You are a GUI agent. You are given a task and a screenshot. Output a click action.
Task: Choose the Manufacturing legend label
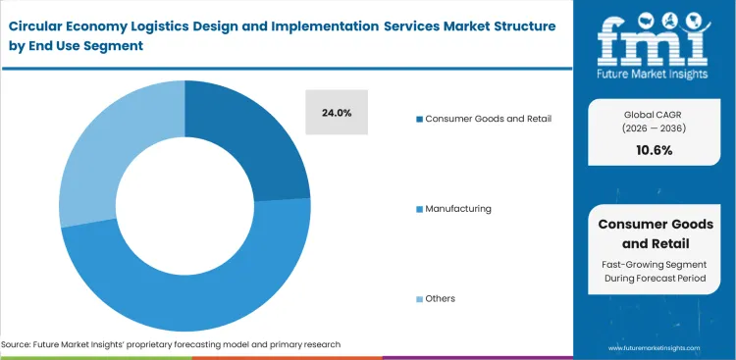458,209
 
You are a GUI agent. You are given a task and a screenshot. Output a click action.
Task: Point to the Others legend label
441,298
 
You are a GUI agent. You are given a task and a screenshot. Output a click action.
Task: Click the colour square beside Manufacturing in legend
418,209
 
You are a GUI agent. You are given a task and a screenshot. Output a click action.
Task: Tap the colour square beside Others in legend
418,298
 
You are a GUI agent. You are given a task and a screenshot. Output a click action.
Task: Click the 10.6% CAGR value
655,149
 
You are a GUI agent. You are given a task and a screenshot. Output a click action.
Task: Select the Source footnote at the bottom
171,344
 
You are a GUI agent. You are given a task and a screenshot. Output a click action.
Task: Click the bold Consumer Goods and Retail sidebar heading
655,232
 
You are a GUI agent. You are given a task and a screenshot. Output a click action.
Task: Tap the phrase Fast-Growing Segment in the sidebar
655,264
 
